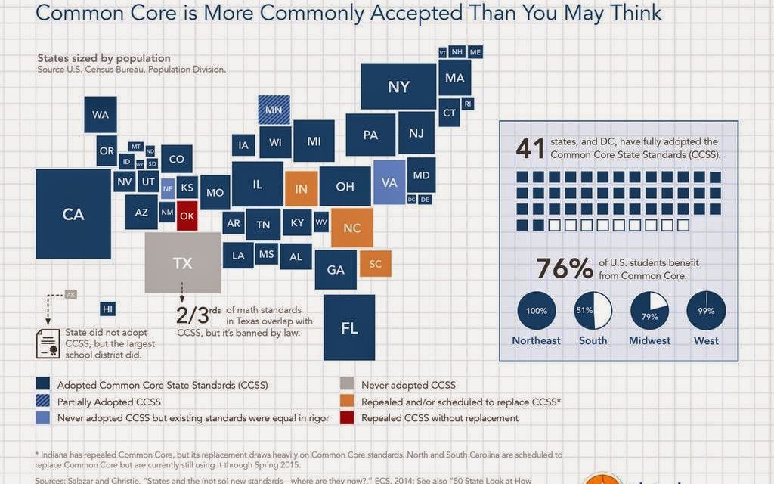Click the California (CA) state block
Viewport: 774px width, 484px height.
73,214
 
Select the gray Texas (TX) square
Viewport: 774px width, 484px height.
182,262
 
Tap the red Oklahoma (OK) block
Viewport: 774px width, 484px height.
187,215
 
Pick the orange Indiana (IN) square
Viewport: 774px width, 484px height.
301,188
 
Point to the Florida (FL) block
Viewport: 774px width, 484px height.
348,327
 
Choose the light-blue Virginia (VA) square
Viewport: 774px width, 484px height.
389,182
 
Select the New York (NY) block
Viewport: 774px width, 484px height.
398,87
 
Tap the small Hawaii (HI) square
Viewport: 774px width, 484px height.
108,309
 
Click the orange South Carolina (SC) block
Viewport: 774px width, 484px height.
375,263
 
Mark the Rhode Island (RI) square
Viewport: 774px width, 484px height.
468,104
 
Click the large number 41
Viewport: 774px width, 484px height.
530,148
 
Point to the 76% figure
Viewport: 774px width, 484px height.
564,268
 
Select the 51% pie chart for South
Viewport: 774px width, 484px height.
593,311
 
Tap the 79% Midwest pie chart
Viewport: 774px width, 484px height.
649,311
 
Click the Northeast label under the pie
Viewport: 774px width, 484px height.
536,340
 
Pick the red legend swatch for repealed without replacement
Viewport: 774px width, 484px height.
348,417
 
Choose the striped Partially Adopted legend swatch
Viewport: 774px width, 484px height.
44,402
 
